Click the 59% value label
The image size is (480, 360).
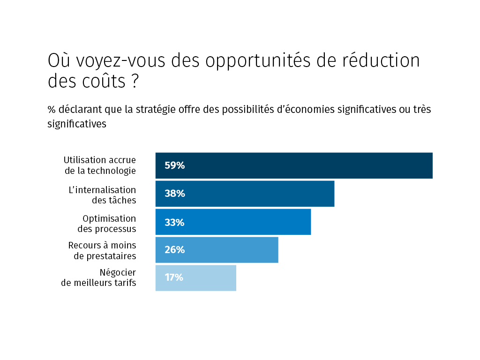[174, 165]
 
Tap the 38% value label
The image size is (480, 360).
[174, 194]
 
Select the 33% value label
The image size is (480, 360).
[174, 222]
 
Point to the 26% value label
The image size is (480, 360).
[174, 250]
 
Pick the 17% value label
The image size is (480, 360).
[174, 277]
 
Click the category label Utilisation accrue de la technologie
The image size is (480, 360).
[100, 165]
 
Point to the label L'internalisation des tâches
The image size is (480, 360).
[102, 195]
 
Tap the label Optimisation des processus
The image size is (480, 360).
[107, 224]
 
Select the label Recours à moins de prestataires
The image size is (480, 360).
[102, 251]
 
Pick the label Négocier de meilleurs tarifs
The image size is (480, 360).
[99, 277]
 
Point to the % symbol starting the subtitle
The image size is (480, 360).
[51, 110]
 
